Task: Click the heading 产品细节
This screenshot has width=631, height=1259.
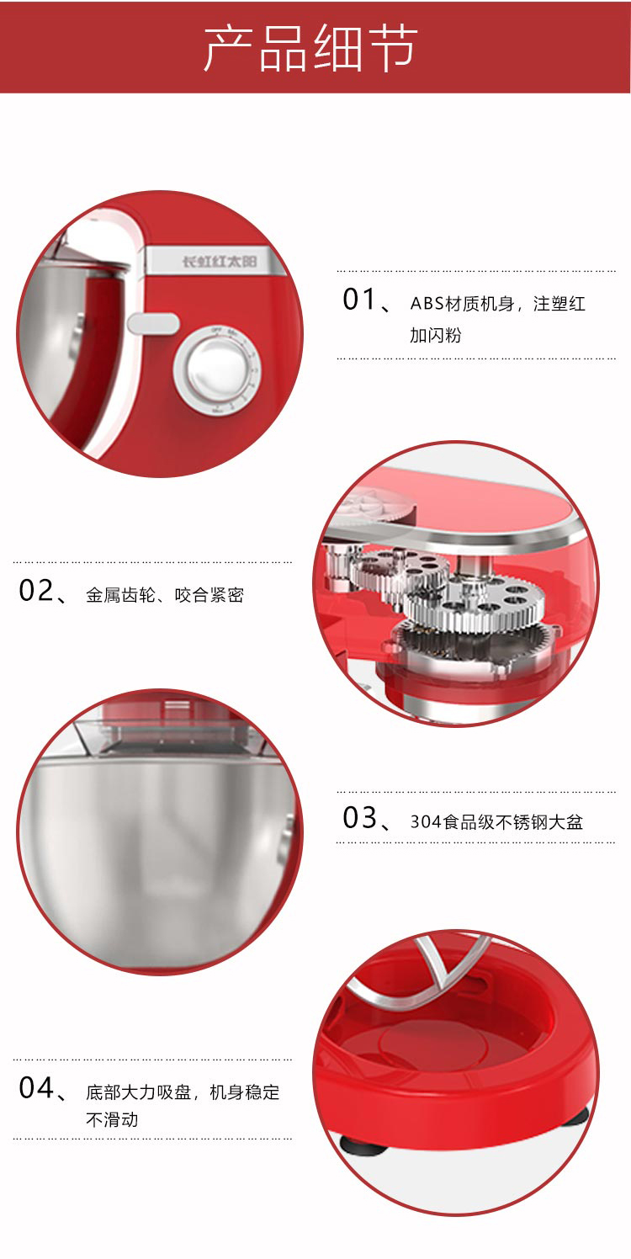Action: click(x=310, y=48)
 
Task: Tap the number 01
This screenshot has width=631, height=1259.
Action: click(x=359, y=300)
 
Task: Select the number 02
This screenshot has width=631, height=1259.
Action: click(x=36, y=591)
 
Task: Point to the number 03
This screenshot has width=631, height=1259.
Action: click(x=359, y=818)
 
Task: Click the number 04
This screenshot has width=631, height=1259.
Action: click(x=36, y=1088)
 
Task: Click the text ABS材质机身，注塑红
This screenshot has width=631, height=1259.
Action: click(x=498, y=304)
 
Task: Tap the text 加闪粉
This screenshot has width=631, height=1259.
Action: click(x=436, y=336)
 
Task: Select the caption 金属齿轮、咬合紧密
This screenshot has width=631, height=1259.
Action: click(x=165, y=595)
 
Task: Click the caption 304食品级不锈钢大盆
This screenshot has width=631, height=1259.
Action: click(x=496, y=822)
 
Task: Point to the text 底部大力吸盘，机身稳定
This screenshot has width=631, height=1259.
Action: click(x=183, y=1092)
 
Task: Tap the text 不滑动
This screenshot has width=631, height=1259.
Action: click(x=112, y=1119)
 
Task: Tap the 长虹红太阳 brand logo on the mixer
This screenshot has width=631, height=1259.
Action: click(x=220, y=262)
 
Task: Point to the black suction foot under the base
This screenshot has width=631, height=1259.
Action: click(x=363, y=1144)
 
